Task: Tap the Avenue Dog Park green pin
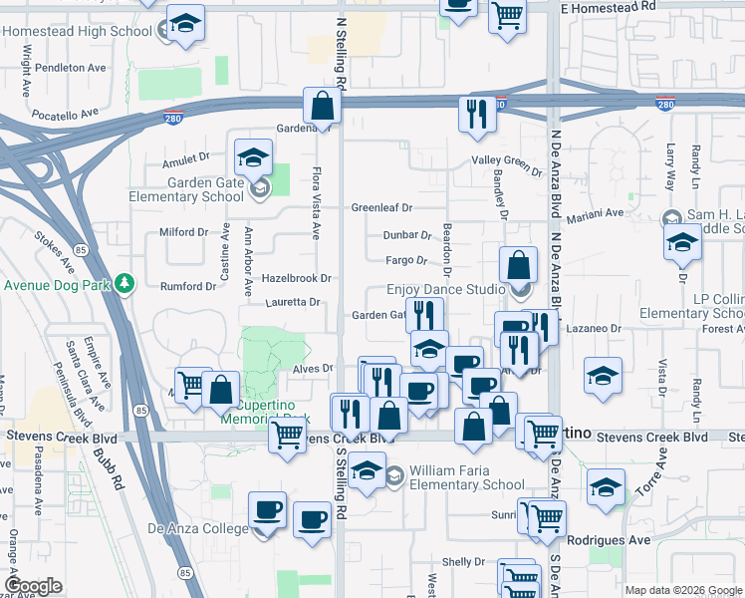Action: [x=124, y=285]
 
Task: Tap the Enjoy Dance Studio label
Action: [x=445, y=290]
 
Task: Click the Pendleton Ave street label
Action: [x=70, y=69]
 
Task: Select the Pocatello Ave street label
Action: [x=66, y=114]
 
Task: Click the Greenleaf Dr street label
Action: [x=381, y=208]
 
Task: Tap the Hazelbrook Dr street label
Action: [x=296, y=278]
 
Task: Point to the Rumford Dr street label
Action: [x=188, y=287]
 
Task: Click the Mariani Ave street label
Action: [x=595, y=213]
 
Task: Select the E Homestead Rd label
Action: [x=609, y=7]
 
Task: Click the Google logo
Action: [x=32, y=586]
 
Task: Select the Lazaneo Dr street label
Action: [x=595, y=327]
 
